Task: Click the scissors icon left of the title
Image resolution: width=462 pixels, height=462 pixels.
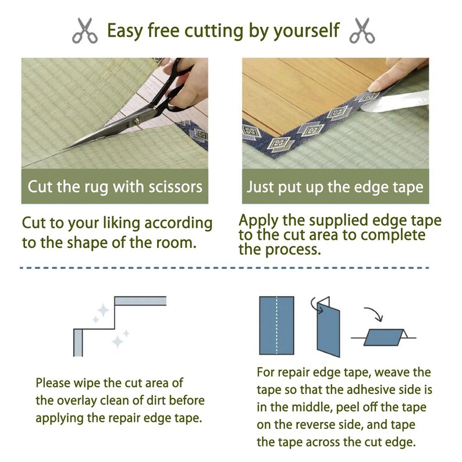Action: click(85, 30)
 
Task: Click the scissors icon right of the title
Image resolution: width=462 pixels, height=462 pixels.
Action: click(361, 30)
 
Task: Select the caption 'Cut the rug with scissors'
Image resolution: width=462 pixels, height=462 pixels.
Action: click(115, 187)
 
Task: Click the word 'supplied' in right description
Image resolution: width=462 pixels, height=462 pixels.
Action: click(344, 222)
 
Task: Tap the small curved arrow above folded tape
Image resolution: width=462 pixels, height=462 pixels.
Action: click(314, 302)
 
